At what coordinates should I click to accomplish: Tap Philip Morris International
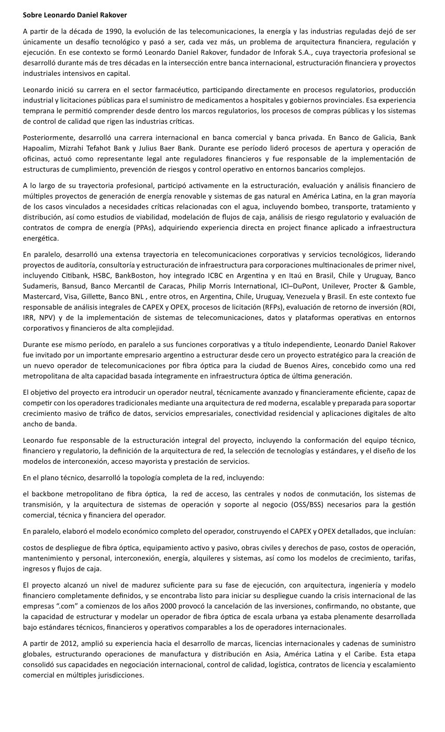[249, 287]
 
